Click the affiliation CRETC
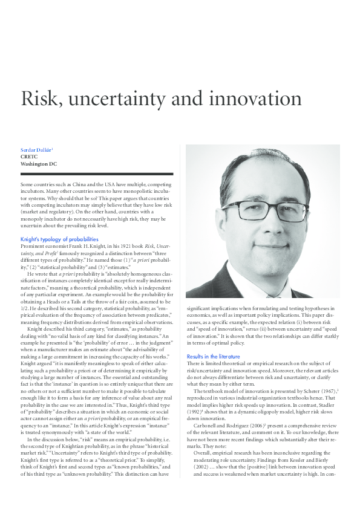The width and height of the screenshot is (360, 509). pyautogui.click(x=30, y=156)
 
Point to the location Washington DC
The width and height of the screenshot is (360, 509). pyautogui.click(x=39, y=163)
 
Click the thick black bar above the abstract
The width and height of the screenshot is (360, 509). pyautogui.click(x=97, y=174)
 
